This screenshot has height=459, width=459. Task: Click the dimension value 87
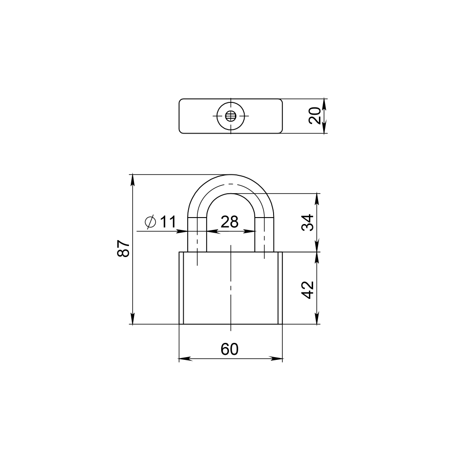click(x=123, y=248)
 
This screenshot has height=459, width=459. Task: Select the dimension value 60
click(x=229, y=349)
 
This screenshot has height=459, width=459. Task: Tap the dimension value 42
click(x=308, y=289)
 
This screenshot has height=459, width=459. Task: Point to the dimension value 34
click(x=308, y=223)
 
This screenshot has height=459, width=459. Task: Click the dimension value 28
click(x=229, y=222)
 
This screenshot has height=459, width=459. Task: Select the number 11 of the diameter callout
click(x=168, y=222)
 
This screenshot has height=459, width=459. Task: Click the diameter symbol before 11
click(x=150, y=222)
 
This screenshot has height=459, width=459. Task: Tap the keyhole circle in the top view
click(x=230, y=116)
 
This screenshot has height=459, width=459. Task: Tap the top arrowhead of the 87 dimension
click(x=133, y=178)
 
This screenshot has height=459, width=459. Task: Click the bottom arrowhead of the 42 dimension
click(x=317, y=320)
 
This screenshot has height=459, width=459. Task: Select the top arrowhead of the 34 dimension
click(x=317, y=197)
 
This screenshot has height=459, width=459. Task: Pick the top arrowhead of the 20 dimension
click(x=325, y=102)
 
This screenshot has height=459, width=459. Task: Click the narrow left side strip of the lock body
click(x=181, y=288)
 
